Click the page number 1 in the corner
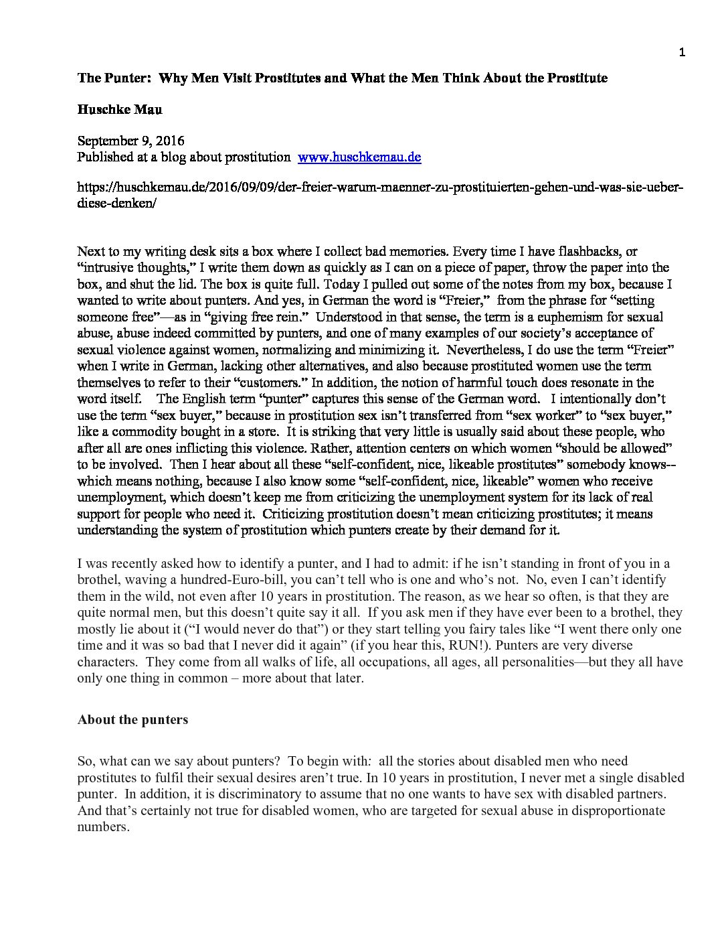coord(682,53)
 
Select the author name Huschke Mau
coord(119,110)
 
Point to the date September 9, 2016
coord(130,141)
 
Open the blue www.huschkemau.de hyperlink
coord(359,157)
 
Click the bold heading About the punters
coord(132,720)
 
